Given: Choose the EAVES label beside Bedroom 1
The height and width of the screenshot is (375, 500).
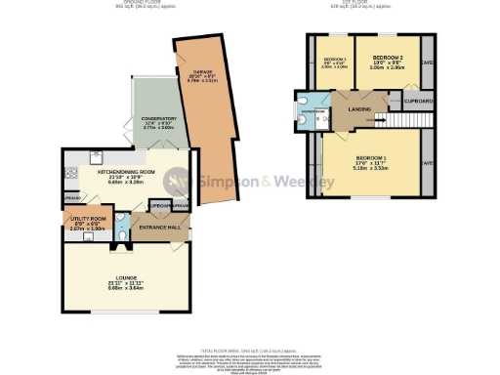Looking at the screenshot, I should (x=428, y=162).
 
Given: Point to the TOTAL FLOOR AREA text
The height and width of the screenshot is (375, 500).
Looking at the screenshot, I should (x=249, y=349).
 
